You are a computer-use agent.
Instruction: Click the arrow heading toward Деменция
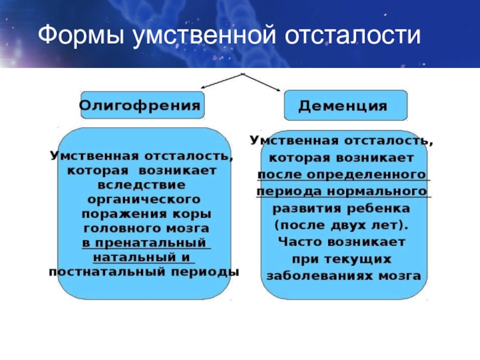[x=264, y=83]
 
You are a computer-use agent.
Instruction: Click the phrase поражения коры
[x=146, y=214]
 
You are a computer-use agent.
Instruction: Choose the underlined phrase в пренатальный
[x=146, y=243]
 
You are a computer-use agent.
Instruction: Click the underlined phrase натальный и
[x=144, y=257]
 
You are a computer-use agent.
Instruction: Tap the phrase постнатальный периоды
[x=144, y=272]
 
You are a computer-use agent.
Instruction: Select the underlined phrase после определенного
[x=343, y=174]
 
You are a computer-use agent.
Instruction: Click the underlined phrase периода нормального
[x=342, y=192]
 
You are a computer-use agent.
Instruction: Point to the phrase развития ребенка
[x=342, y=209]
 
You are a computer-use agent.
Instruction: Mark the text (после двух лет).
[x=342, y=226]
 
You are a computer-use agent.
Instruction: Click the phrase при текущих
[x=342, y=260]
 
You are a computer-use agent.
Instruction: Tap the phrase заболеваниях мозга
[x=343, y=277]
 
